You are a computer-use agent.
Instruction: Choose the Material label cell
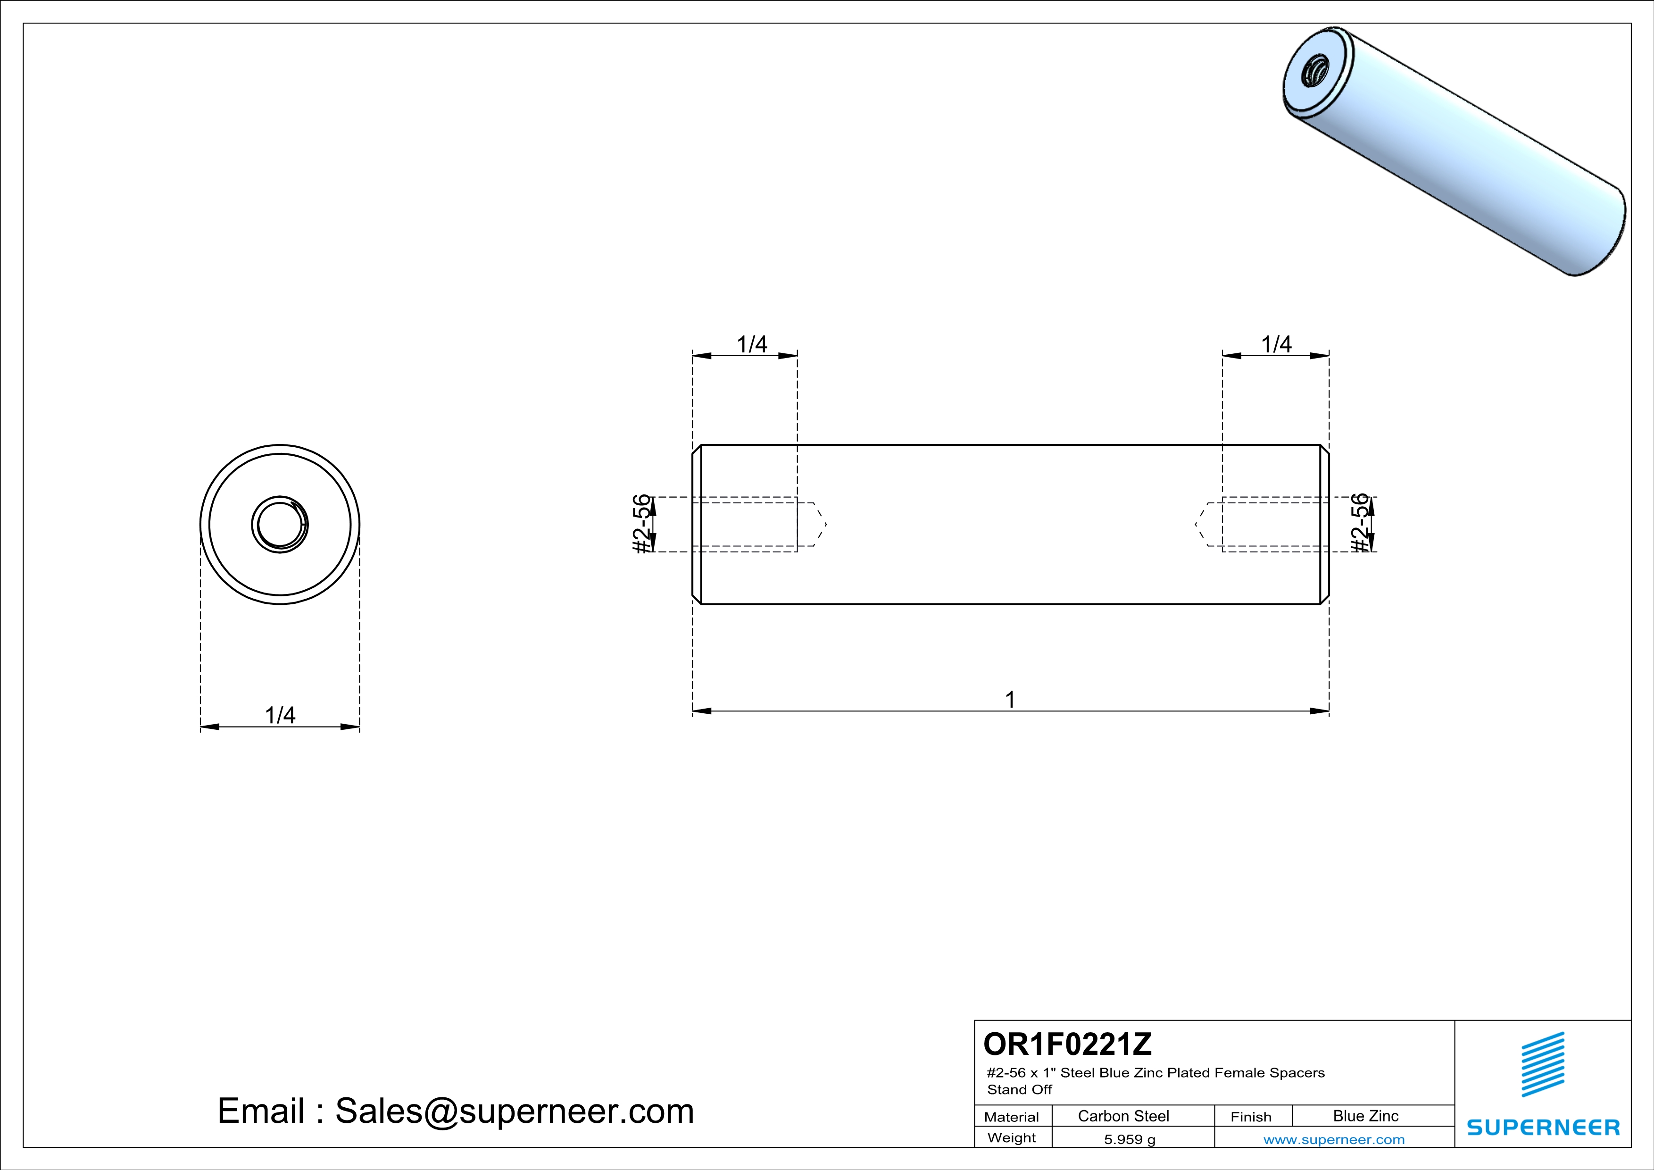tap(1012, 1117)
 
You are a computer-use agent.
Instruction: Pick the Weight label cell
tap(1012, 1137)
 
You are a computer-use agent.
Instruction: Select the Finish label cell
tap(1251, 1117)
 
